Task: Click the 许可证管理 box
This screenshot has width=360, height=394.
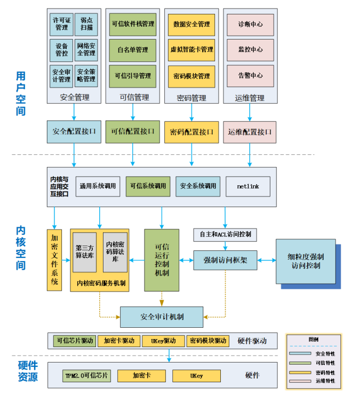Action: tap(61, 25)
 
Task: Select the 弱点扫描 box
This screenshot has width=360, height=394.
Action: tap(86, 25)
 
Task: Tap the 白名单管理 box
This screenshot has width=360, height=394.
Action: tap(133, 50)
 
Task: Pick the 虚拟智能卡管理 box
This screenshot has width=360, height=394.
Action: tap(191, 50)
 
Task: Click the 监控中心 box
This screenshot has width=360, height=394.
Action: tap(250, 50)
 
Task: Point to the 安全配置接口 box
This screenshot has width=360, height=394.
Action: tap(74, 132)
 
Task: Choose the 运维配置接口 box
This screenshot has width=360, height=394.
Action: tap(250, 132)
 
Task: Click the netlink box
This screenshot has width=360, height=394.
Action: tap(248, 186)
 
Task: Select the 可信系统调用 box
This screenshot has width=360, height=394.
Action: tap(148, 186)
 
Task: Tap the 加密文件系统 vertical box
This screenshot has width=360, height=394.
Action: tap(54, 260)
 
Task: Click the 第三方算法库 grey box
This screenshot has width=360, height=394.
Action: tap(85, 253)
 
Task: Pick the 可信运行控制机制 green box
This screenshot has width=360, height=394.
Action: tap(162, 260)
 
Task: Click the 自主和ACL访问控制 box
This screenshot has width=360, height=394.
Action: tap(225, 235)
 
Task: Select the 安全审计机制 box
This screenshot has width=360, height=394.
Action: tap(162, 317)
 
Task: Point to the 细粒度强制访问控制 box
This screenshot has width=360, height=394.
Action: tap(306, 261)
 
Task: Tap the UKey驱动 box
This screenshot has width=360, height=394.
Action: tap(163, 341)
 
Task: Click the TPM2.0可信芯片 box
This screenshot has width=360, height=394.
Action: tap(86, 376)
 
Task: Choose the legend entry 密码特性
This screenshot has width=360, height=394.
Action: tap(312, 373)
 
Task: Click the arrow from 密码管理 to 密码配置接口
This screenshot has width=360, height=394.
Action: tap(191, 112)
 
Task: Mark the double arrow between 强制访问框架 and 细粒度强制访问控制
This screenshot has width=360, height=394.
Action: tap(266, 261)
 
